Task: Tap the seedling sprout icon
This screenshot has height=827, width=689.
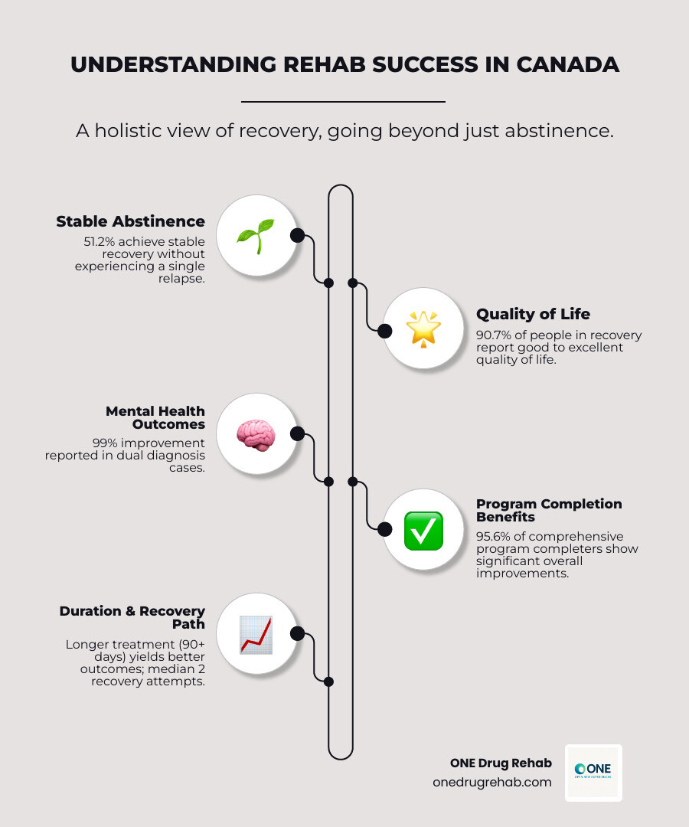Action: [256, 235]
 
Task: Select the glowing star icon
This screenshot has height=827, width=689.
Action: [423, 328]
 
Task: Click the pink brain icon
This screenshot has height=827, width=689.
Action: [256, 434]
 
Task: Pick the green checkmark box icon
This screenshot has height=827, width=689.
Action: [423, 530]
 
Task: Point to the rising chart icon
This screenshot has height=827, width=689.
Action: [256, 634]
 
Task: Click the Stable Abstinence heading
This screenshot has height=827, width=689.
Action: [130, 221]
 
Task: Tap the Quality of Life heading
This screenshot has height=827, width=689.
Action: [533, 314]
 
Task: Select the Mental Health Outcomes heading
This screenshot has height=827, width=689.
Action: [155, 417]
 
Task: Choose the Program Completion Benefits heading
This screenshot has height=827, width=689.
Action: [549, 510]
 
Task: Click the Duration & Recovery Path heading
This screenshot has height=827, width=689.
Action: [132, 617]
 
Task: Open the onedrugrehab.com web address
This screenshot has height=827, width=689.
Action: [491, 782]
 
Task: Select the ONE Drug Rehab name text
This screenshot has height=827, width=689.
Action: [501, 763]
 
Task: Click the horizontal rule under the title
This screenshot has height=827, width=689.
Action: [343, 101]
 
